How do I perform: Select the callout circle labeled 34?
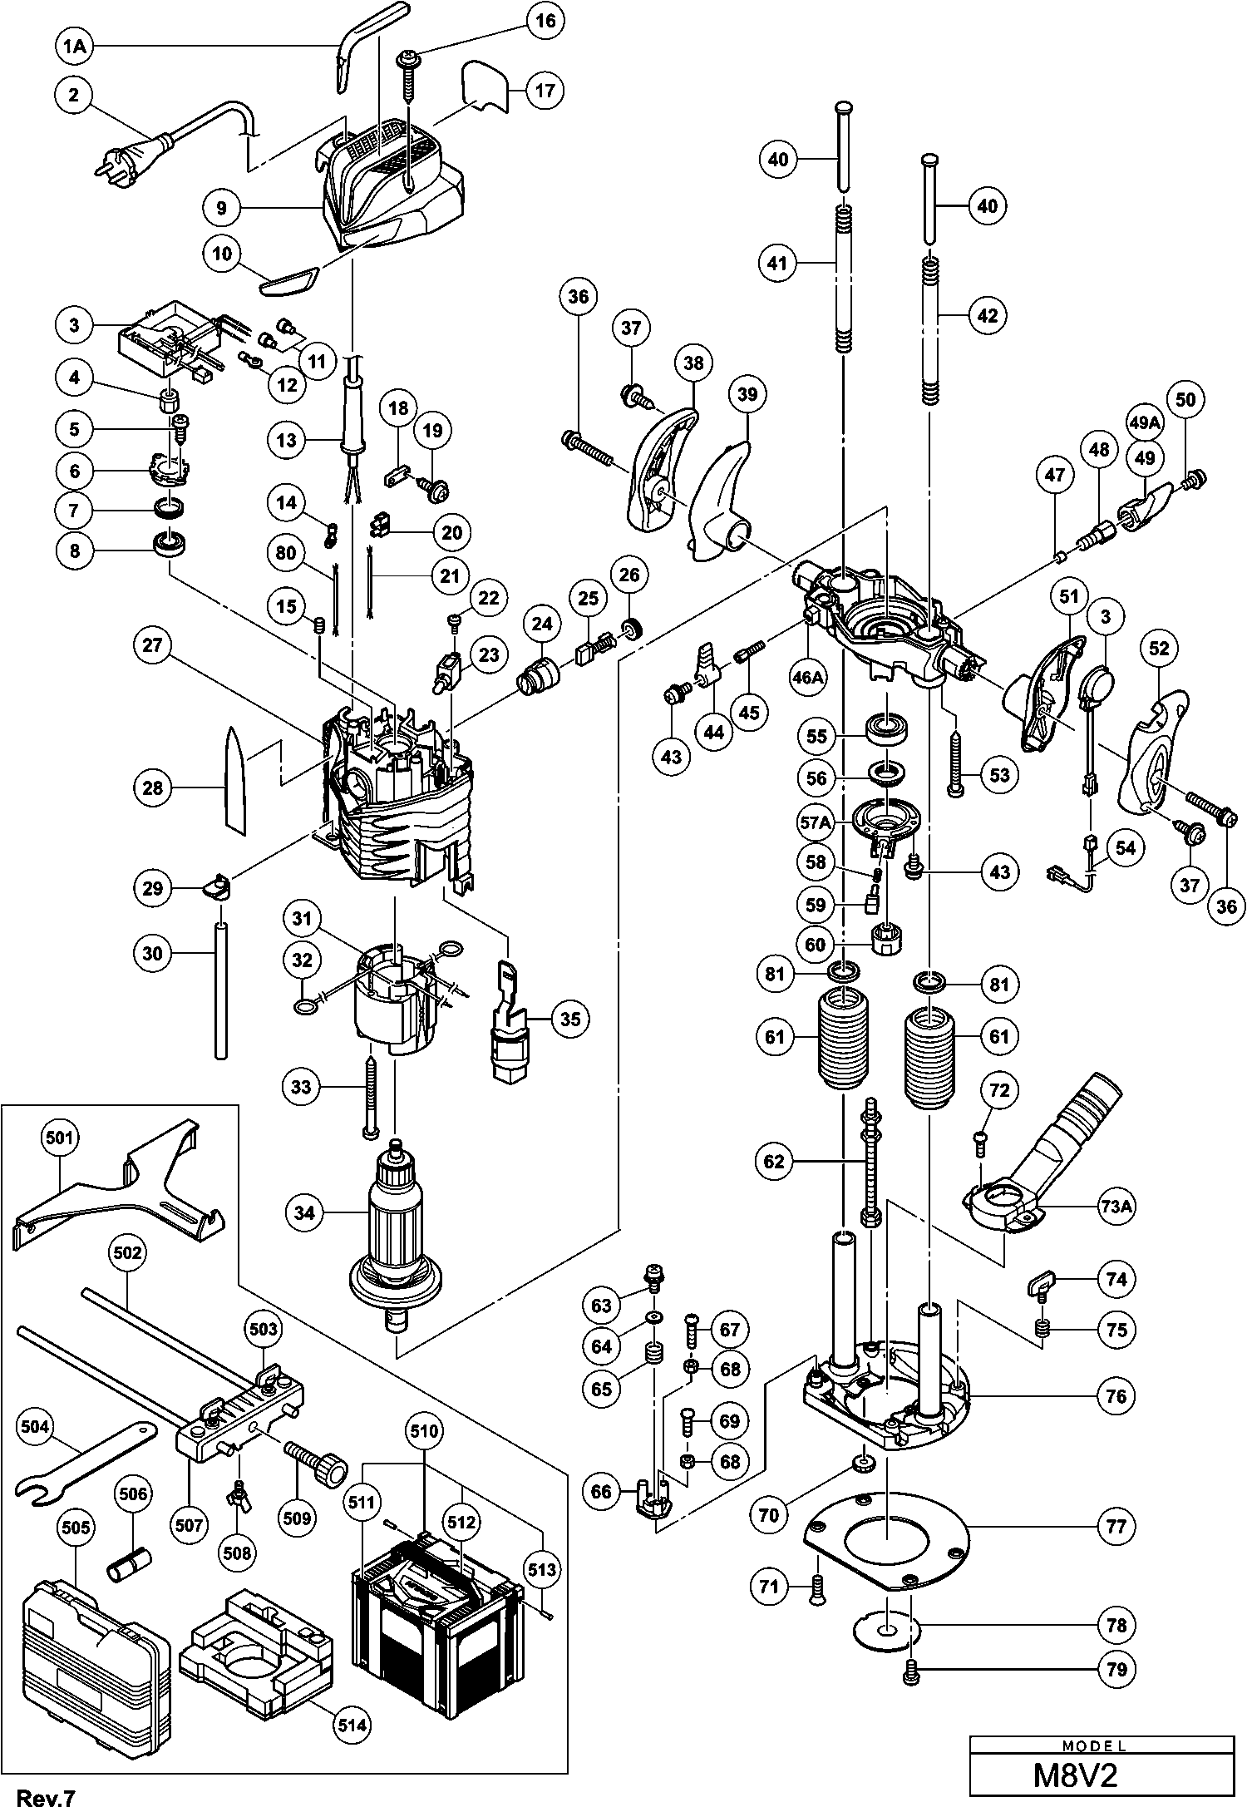(x=305, y=1213)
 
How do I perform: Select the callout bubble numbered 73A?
(x=1116, y=1207)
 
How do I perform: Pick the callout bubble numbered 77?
(x=1116, y=1526)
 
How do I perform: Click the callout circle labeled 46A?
(x=808, y=678)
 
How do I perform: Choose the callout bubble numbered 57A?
(x=816, y=823)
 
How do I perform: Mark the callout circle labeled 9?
(x=221, y=207)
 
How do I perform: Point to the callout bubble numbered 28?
(x=153, y=787)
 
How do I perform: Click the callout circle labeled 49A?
(x=1145, y=422)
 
